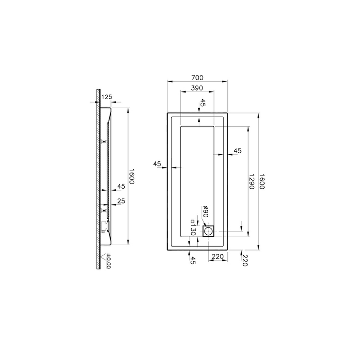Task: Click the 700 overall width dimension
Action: [x=197, y=78]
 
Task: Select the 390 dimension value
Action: [x=197, y=88]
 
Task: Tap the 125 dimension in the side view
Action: [x=107, y=97]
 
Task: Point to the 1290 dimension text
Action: [x=252, y=181]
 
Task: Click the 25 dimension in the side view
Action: [x=121, y=201]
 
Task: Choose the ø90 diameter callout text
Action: [x=205, y=212]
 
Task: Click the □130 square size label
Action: [x=193, y=228]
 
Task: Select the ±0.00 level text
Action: [x=108, y=261]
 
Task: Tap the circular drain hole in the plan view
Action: [x=209, y=231]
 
